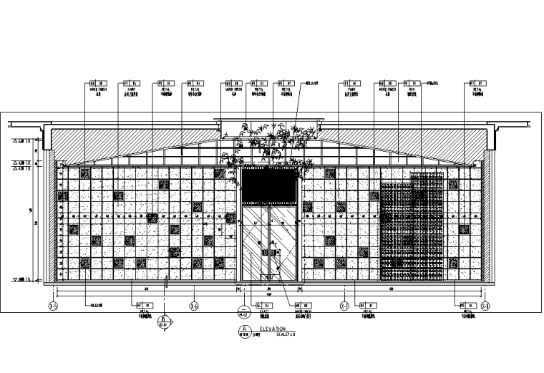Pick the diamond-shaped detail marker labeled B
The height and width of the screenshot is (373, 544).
tap(165, 320)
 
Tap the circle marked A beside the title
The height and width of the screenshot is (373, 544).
tap(246, 330)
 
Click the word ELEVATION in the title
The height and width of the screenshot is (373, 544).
tap(273, 328)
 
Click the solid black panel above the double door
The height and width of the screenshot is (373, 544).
tap(270, 187)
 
